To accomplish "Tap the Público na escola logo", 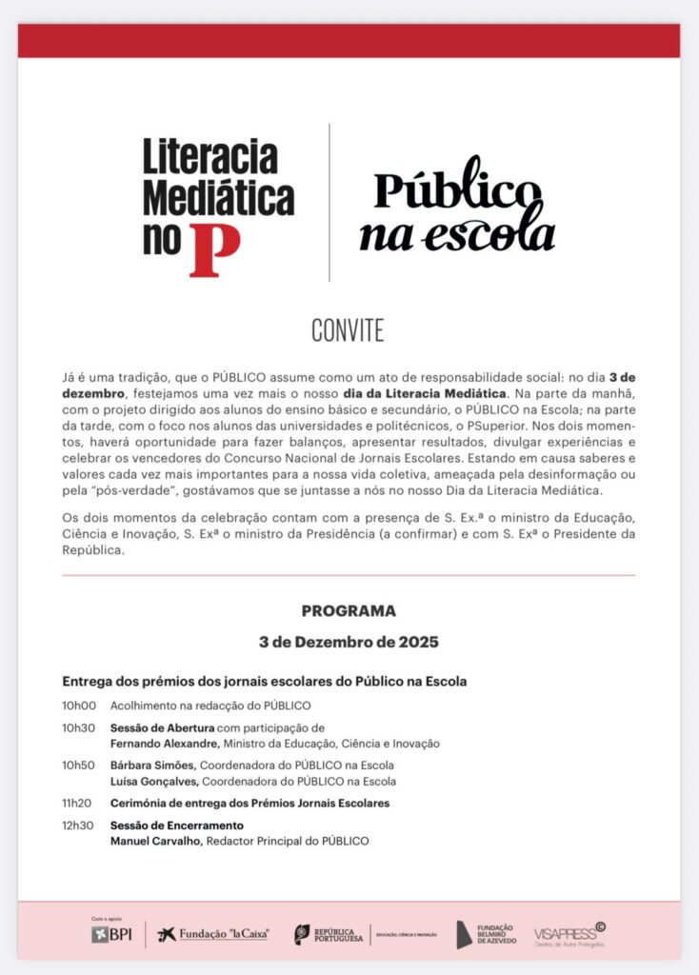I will [x=456, y=210].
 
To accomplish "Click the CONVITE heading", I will [x=348, y=330].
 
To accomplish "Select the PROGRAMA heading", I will [x=349, y=611].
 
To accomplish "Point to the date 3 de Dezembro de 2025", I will [x=349, y=642].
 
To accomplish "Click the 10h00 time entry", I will [x=79, y=706].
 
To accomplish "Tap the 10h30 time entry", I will [x=79, y=728].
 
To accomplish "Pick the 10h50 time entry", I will [x=79, y=766].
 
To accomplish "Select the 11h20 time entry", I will [x=79, y=804].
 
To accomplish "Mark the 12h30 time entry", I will [x=79, y=826].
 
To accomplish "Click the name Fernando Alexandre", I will [x=165, y=744].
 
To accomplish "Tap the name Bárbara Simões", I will [x=153, y=766].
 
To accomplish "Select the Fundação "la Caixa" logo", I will [x=213, y=934].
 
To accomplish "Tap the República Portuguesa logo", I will [x=329, y=934].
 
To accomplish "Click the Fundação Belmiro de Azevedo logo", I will [x=487, y=934].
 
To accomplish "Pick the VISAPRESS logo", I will [x=569, y=933].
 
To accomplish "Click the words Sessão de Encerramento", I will [x=177, y=826].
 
